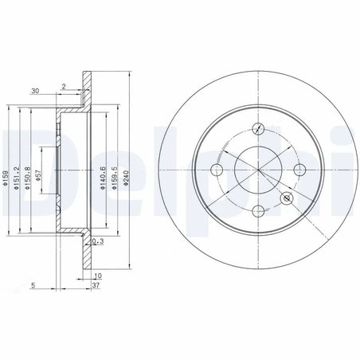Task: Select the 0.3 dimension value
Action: [x=99, y=241]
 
